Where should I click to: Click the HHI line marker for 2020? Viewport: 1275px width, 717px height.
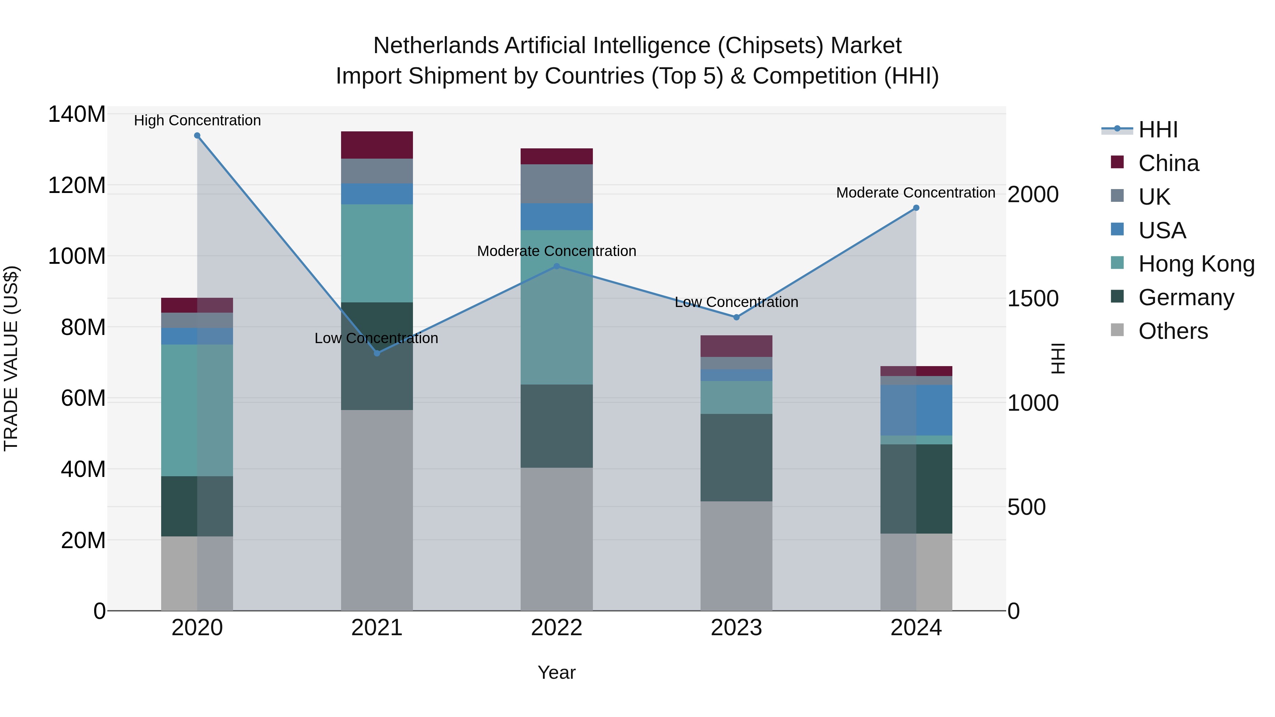point(197,136)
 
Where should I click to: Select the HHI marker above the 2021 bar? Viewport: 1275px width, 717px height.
point(377,353)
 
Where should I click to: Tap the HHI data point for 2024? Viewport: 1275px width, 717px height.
point(916,208)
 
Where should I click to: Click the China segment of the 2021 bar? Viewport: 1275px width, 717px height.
point(377,145)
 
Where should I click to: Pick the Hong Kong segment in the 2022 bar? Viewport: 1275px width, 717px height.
point(556,307)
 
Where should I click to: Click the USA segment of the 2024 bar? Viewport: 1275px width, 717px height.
point(916,410)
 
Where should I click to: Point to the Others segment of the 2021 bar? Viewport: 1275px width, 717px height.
point(377,510)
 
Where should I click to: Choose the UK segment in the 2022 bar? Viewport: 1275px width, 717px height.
point(556,183)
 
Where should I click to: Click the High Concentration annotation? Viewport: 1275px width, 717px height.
point(197,121)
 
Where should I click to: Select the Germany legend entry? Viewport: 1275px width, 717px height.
point(1186,297)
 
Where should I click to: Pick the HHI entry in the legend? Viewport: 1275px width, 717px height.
point(1158,130)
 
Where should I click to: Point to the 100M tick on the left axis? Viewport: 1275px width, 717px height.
point(77,256)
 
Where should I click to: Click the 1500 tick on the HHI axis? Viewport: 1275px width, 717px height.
point(1033,298)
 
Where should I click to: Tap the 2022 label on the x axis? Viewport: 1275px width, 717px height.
point(556,628)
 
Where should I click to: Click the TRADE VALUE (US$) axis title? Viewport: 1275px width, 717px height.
point(11,358)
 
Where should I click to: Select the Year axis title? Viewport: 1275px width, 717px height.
point(556,672)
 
